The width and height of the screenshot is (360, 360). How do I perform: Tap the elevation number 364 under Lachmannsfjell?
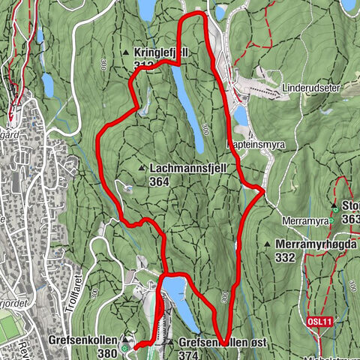click(x=159, y=181)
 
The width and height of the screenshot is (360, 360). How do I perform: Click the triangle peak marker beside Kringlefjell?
click(x=126, y=52)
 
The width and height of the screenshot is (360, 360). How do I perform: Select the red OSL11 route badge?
click(x=319, y=321)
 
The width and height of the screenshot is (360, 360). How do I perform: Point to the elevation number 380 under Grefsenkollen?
click(x=108, y=354)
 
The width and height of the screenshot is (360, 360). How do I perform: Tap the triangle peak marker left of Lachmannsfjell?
click(x=142, y=169)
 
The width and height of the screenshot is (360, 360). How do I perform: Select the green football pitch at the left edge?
click(x=10, y=327)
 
